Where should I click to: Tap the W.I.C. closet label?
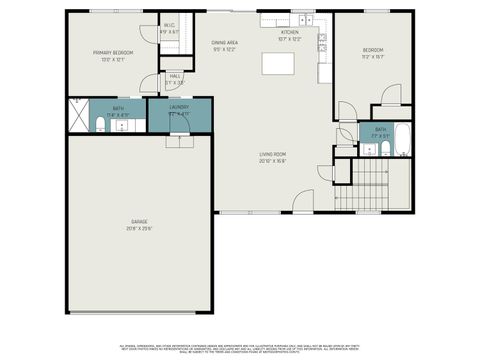[169, 25]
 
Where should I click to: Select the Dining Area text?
[224, 43]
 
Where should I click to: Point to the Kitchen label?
[290, 33]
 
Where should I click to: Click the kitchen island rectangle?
[279, 63]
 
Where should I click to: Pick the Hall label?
[175, 76]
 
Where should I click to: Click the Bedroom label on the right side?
[372, 49]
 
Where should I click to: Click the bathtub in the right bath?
[402, 140]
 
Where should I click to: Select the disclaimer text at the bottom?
[239, 345]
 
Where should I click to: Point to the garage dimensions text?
[138, 228]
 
